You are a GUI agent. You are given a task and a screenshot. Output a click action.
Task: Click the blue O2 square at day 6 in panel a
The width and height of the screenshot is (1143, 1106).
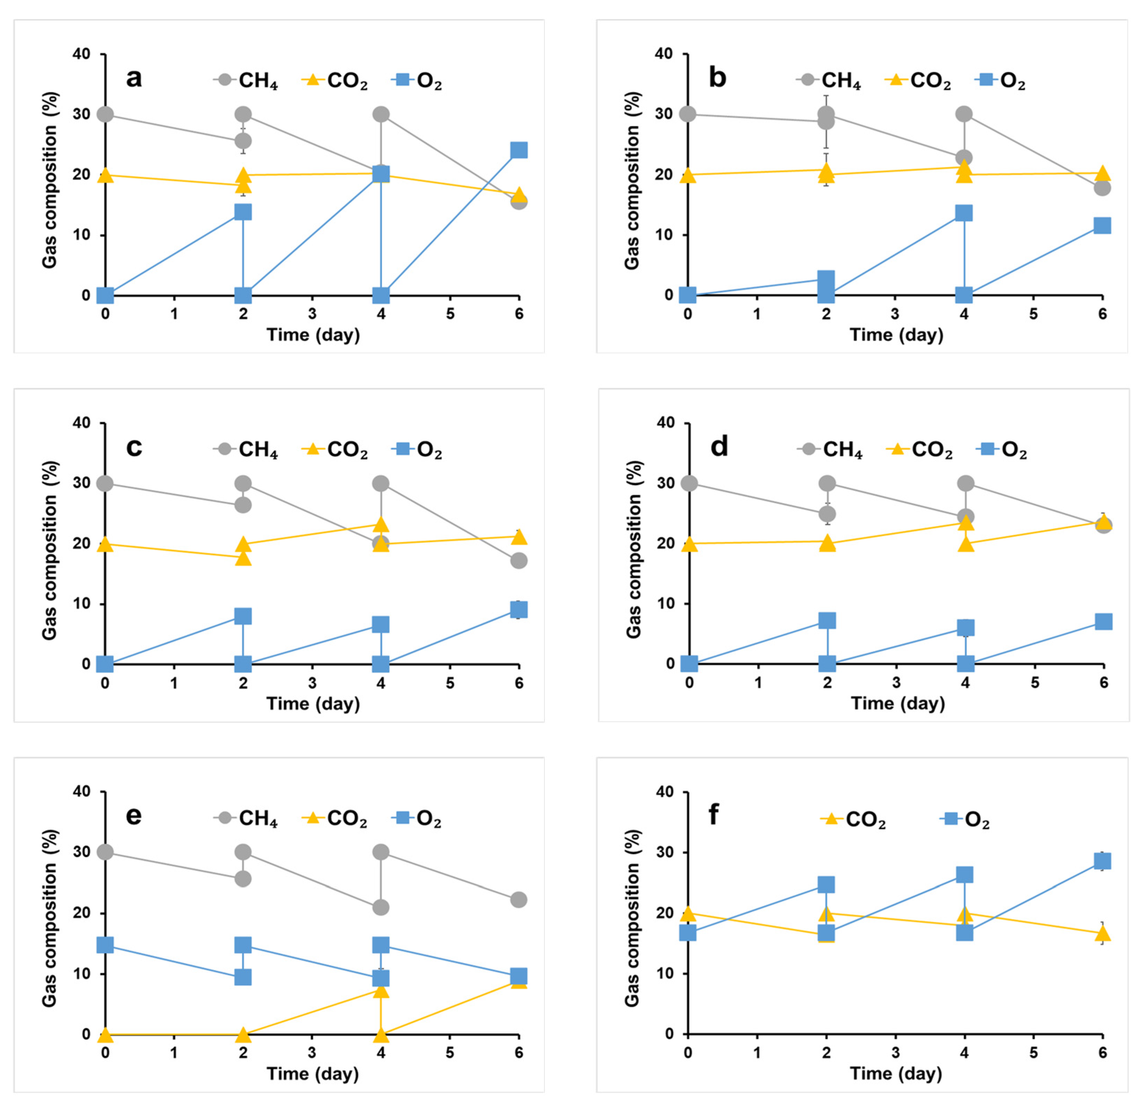(x=518, y=150)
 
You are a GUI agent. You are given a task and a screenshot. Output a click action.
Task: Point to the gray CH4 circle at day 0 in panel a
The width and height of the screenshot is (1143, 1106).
(x=105, y=114)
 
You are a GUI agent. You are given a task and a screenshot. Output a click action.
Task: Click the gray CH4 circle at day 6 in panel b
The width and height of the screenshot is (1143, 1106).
(x=1102, y=188)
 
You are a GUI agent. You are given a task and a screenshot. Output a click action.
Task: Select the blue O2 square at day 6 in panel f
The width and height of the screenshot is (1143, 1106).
(x=1102, y=861)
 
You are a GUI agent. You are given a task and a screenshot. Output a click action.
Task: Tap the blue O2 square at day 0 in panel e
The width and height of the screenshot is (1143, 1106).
(x=105, y=944)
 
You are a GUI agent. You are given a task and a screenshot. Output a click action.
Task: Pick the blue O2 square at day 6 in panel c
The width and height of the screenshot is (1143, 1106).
(x=518, y=609)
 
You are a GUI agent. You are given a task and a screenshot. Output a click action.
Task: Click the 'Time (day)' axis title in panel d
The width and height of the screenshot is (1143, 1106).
(x=898, y=703)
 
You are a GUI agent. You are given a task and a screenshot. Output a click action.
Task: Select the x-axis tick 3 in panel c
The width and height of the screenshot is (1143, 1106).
(x=312, y=683)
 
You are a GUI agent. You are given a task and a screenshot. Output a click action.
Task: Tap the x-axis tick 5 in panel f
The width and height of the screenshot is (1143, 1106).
(x=1033, y=1052)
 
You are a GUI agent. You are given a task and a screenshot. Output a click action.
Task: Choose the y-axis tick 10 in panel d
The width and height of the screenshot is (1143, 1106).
(x=666, y=604)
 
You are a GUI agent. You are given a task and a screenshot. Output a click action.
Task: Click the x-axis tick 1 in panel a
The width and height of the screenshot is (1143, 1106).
(x=174, y=314)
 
